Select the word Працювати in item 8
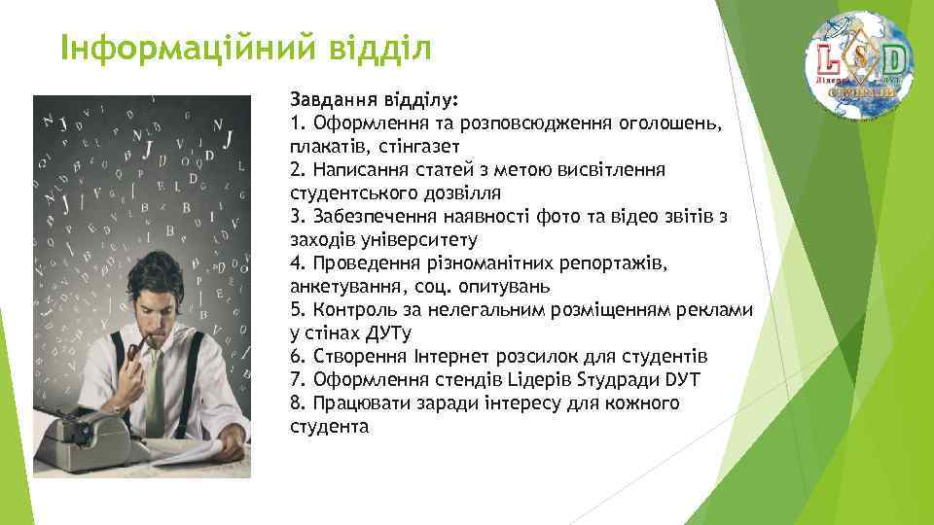click(351, 403)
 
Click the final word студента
click(330, 427)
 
